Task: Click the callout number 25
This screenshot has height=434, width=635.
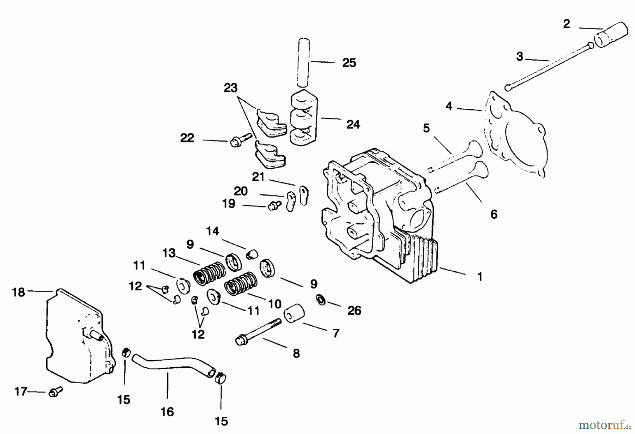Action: tap(349, 63)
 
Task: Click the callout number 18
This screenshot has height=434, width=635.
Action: tap(18, 292)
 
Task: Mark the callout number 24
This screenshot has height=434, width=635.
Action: tap(353, 124)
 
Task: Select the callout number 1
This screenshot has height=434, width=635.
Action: tap(480, 277)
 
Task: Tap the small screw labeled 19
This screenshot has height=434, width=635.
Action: tap(274, 205)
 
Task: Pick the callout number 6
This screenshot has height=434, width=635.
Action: tap(494, 214)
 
